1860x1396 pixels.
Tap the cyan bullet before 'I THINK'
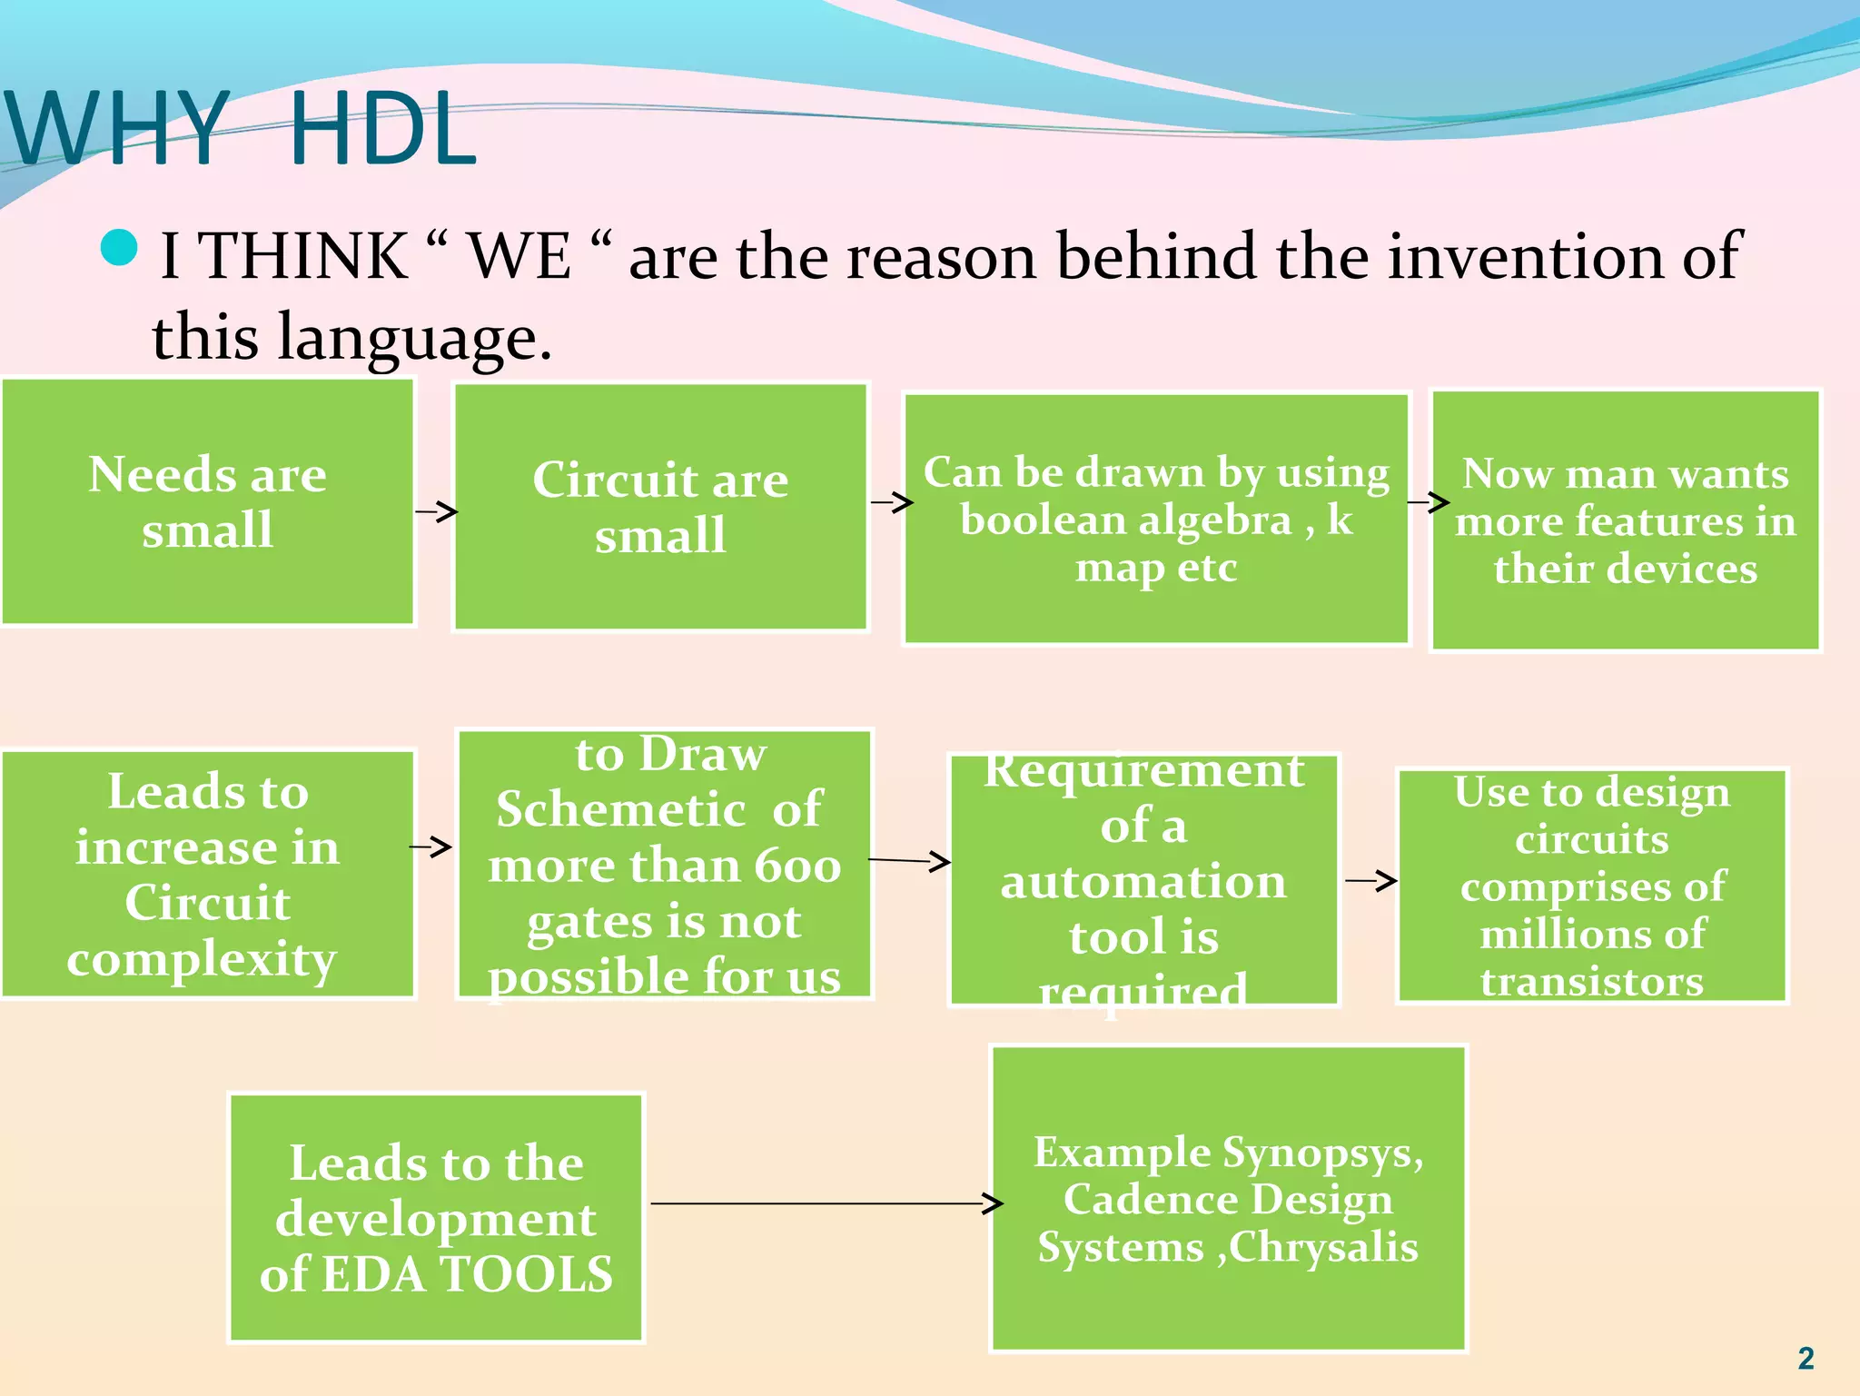(x=119, y=248)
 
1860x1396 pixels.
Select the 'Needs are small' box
(x=208, y=502)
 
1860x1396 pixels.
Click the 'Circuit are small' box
(x=660, y=507)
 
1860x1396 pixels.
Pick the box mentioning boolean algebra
(x=1155, y=519)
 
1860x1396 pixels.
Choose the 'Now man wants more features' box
(x=1625, y=520)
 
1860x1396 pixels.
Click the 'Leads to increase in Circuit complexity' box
(x=208, y=874)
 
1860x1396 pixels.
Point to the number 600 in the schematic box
(x=798, y=866)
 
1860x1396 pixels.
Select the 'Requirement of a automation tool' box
(x=1143, y=880)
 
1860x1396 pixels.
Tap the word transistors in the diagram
(x=1592, y=982)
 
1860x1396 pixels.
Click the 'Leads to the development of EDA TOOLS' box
(x=436, y=1217)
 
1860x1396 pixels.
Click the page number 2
(x=1806, y=1358)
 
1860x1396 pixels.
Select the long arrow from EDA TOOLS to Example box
(x=826, y=1203)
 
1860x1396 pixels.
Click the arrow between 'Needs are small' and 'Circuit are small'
(x=436, y=511)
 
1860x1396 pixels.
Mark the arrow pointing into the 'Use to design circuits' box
(x=1370, y=880)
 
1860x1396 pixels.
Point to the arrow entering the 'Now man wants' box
(x=1428, y=501)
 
